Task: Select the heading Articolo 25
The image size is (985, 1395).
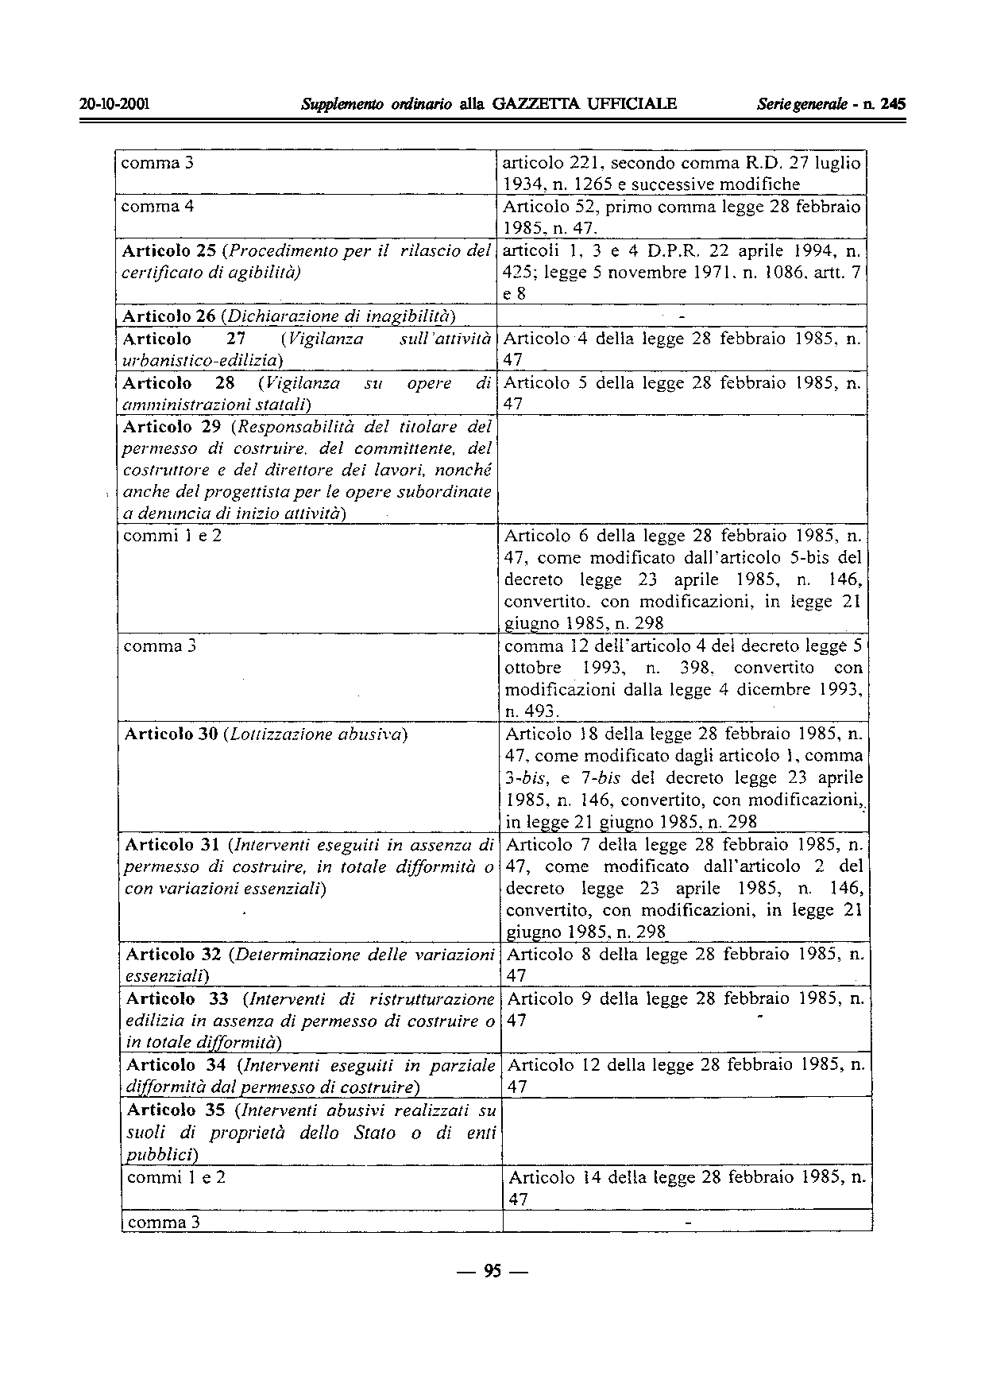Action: [x=168, y=251]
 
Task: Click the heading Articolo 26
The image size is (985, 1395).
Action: [x=169, y=316]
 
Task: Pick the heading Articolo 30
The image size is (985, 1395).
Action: [x=172, y=734]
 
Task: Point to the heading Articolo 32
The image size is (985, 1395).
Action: [x=173, y=954]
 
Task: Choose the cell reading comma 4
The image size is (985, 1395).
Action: [x=157, y=207]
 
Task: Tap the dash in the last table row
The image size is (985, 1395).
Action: [x=688, y=1222]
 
